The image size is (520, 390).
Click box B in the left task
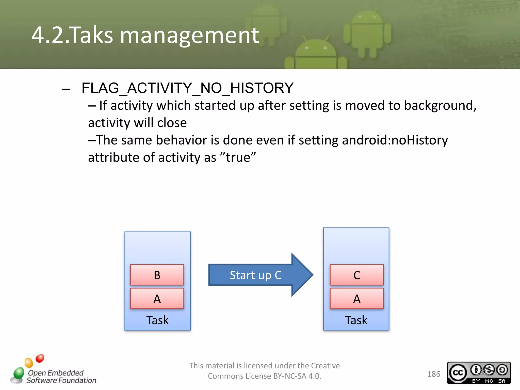click(157, 275)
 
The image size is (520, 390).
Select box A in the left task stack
click(157, 299)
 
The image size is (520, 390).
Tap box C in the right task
click(356, 275)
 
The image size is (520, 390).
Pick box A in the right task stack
click(356, 299)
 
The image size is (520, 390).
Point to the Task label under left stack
click(157, 320)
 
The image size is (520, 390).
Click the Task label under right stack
click(356, 320)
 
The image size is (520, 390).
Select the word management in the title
click(189, 36)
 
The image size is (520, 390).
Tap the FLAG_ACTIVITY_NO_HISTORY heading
click(187, 88)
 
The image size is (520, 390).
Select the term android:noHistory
click(395, 140)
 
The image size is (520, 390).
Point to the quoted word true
click(238, 157)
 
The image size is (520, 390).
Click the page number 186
click(434, 374)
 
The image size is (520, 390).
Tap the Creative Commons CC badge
click(479, 373)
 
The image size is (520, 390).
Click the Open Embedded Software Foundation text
click(61, 377)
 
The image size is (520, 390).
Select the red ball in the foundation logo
click(40, 358)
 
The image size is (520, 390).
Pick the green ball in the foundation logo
click(19, 373)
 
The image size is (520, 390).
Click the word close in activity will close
click(172, 123)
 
